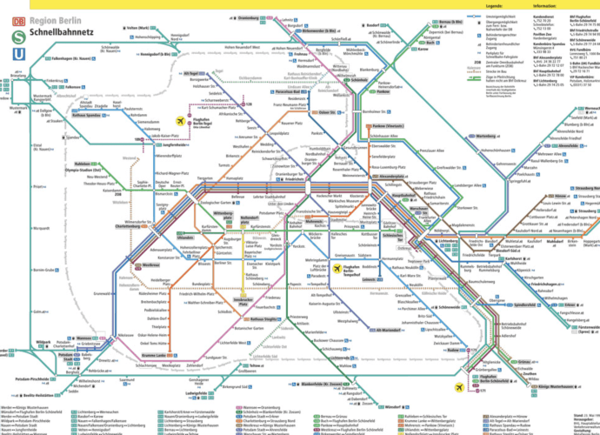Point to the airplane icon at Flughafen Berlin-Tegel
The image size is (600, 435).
181,121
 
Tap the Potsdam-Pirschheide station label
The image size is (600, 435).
20,382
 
